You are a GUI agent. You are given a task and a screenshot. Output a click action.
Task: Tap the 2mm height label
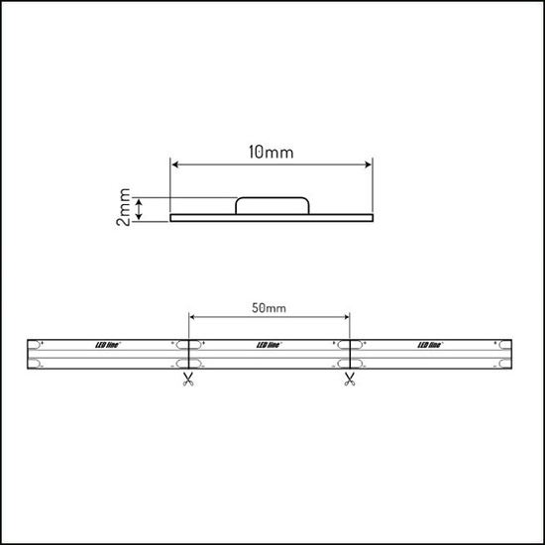click(122, 208)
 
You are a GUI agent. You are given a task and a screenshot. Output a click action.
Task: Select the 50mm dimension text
click(269, 309)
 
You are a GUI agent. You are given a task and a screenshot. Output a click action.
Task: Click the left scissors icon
click(186, 381)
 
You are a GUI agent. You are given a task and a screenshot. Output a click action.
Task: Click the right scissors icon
click(349, 381)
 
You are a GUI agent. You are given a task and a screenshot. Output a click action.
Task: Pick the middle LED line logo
click(269, 345)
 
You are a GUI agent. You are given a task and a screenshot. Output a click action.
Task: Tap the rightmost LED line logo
click(431, 345)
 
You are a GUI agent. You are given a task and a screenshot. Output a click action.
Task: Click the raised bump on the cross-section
click(270, 205)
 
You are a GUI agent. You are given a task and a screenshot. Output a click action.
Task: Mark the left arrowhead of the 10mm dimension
click(175, 163)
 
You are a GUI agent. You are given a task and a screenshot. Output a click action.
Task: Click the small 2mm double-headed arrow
click(141, 208)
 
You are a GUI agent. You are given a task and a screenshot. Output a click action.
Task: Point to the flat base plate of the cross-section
click(198, 217)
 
